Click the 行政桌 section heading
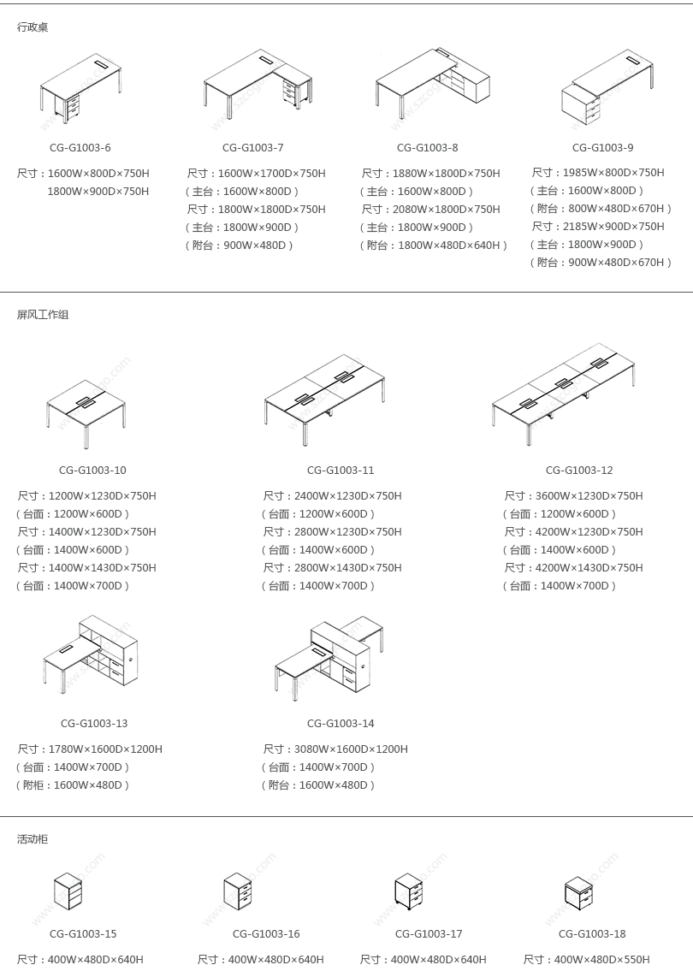[33, 27]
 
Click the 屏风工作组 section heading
[43, 315]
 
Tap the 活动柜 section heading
[33, 839]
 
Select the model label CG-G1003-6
[80, 148]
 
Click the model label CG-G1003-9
[603, 148]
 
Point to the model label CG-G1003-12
[579, 471]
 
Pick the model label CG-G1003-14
[341, 724]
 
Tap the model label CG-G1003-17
[429, 934]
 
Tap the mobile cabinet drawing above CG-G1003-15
[68, 891]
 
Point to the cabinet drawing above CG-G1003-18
[579, 892]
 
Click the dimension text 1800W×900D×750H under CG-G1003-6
[98, 192]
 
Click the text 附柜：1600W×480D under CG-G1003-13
[73, 785]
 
